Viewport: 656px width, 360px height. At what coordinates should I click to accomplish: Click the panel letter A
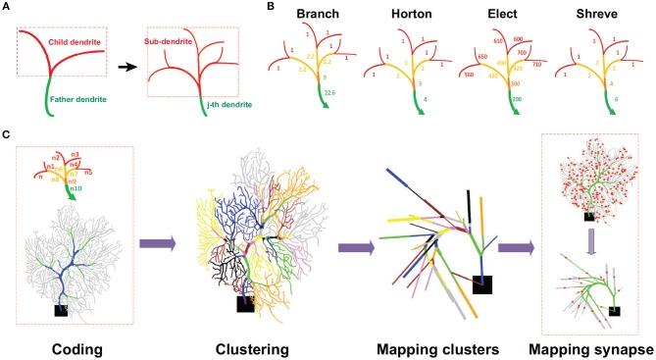point(7,7)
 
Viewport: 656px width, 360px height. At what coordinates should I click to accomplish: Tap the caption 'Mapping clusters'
point(431,346)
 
